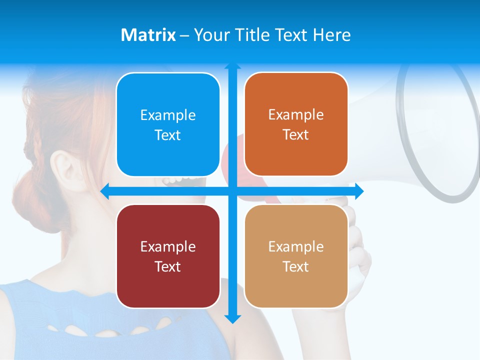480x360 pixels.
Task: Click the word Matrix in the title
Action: point(148,35)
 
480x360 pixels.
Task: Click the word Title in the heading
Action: point(252,35)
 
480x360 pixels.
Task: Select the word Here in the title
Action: point(332,35)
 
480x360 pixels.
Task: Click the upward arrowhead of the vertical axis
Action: point(232,66)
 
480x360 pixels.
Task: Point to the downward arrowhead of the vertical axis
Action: point(232,318)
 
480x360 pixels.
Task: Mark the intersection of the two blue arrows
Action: point(232,191)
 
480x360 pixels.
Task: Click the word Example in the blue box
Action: point(168,115)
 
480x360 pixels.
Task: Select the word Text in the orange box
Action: point(296,135)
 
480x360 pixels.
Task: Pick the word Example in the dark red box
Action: point(168,247)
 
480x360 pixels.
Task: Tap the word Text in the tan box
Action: point(296,266)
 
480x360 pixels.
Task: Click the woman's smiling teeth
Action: point(182,180)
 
